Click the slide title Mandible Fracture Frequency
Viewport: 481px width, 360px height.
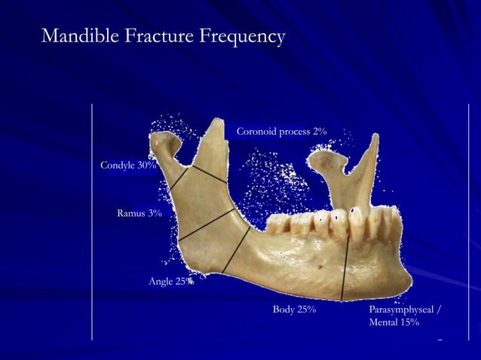(x=163, y=35)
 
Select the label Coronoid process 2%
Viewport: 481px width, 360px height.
(x=281, y=132)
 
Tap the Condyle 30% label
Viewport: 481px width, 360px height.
(x=128, y=165)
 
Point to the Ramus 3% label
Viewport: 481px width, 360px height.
(x=139, y=214)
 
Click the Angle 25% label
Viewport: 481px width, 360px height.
(x=170, y=282)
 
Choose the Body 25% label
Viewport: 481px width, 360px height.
(x=293, y=310)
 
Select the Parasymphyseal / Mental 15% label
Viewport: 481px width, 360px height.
(x=405, y=316)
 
